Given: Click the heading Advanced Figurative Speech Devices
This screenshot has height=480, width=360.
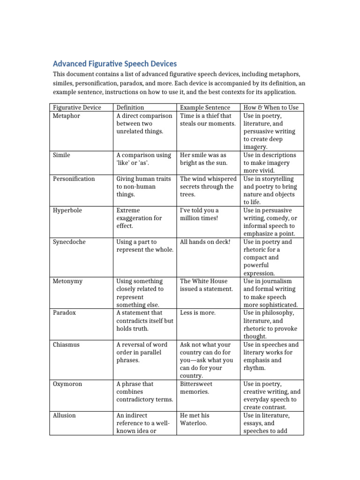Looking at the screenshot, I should click(115, 64).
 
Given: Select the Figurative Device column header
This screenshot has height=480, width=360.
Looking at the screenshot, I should click(76, 107).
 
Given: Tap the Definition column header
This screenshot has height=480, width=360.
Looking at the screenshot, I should click(130, 107).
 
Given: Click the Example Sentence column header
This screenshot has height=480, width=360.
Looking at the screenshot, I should click(205, 107).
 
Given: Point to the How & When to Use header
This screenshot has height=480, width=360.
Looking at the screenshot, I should click(270, 107).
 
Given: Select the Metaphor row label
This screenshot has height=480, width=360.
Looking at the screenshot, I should click(67, 116).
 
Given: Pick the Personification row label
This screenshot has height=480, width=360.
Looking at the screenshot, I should click(74, 179).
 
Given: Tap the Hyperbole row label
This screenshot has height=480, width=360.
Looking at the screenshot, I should click(67, 210).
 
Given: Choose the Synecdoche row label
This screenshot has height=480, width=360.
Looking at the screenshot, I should click(69, 242).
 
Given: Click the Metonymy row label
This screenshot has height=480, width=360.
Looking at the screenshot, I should click(68, 281).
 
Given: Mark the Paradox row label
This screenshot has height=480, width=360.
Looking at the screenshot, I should click(64, 313).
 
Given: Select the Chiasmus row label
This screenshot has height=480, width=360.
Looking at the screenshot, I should click(66, 345).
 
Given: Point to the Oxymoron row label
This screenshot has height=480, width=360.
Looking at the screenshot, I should click(67, 384).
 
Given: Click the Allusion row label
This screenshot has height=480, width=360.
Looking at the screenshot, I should click(64, 415).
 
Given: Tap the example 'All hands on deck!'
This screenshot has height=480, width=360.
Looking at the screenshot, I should click(205, 242).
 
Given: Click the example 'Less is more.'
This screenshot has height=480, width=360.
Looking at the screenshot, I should click(198, 313).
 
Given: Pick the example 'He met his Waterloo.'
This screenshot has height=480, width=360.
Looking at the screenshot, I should click(195, 419).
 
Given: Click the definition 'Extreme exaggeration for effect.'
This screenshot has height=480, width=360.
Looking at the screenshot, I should click(139, 218).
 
